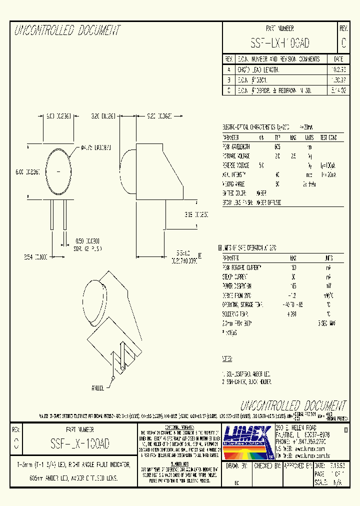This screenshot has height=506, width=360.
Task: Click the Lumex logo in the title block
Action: tap(246, 441)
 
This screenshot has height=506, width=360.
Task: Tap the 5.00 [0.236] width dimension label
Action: tap(53, 115)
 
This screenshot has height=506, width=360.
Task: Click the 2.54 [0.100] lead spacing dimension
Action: tap(35, 257)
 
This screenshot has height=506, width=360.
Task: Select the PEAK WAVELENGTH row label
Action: tap(236, 146)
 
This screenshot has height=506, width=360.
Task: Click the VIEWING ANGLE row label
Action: tap(235, 183)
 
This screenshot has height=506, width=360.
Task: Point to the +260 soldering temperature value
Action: tap(292, 313)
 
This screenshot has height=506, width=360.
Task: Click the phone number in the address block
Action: tap(300, 442)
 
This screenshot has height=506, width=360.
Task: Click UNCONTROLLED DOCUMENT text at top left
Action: tap(67, 31)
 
